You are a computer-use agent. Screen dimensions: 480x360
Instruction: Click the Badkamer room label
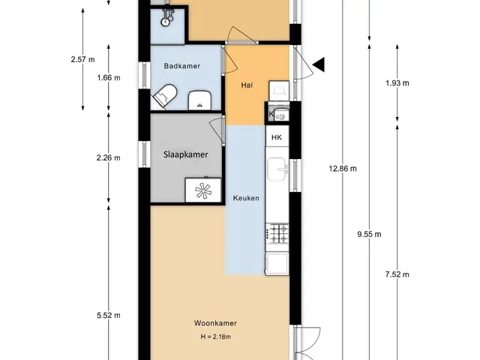click(x=181, y=66)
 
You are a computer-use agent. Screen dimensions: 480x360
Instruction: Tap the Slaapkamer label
click(x=185, y=154)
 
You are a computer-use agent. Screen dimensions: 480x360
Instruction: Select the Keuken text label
click(x=246, y=198)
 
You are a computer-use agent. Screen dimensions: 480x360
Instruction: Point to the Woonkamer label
click(x=215, y=323)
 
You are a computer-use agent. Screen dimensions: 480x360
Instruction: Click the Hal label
click(x=247, y=85)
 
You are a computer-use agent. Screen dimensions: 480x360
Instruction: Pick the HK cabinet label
click(x=277, y=137)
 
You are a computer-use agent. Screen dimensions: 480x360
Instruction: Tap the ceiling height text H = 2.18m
click(x=215, y=337)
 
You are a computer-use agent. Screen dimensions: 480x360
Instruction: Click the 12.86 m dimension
click(x=343, y=168)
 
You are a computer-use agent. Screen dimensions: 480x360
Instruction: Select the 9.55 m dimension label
click(x=369, y=235)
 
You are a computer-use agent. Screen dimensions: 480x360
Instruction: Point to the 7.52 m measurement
click(x=397, y=274)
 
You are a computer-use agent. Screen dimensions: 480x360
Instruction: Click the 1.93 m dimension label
click(x=397, y=83)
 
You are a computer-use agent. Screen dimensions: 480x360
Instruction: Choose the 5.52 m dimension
click(x=108, y=315)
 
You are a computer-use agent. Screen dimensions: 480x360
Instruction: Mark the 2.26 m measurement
click(x=108, y=158)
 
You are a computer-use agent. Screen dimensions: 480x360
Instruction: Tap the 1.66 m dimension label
click(x=109, y=78)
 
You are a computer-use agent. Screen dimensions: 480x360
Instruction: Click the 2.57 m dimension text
click(x=82, y=59)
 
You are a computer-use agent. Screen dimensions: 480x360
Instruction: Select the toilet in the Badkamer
click(x=166, y=95)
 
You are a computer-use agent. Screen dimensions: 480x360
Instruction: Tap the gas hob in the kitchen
click(x=277, y=233)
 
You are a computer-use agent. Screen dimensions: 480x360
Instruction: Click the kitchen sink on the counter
click(x=277, y=169)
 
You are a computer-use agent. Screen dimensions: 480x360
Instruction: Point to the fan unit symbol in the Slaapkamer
click(x=203, y=190)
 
